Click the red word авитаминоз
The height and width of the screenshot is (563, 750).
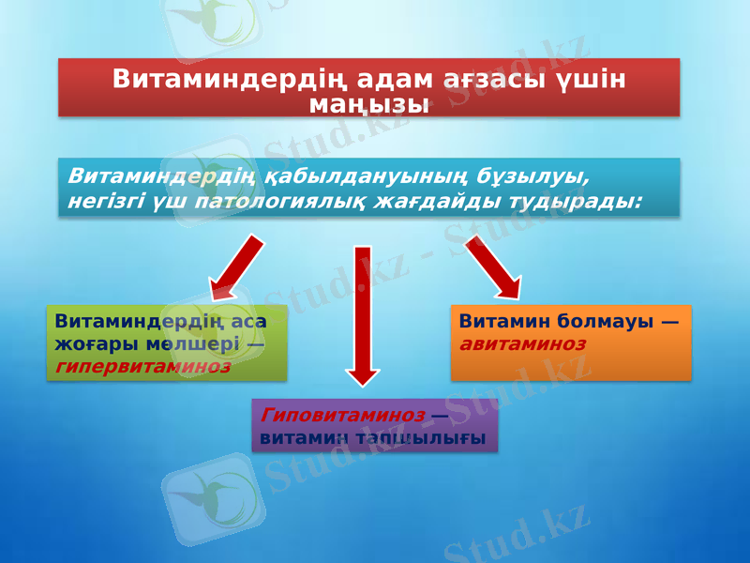point(522,343)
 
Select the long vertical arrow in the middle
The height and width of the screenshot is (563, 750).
point(363,314)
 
